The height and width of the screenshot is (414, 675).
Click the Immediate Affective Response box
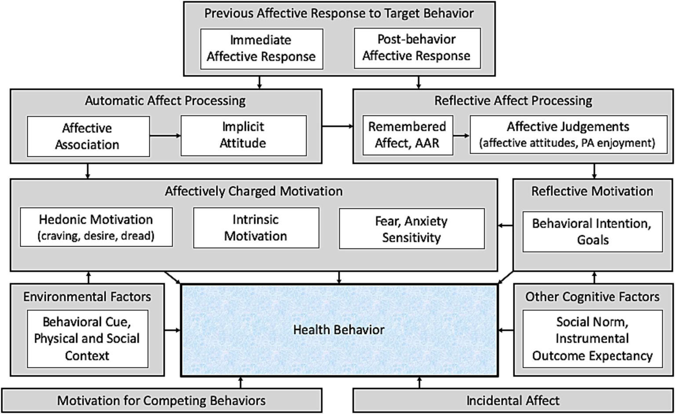[261, 49]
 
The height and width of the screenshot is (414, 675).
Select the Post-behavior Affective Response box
[416, 48]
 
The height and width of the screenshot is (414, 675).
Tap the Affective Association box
[88, 136]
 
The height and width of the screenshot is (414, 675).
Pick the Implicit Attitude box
[243, 135]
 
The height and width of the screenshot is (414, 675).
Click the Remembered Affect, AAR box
[407, 135]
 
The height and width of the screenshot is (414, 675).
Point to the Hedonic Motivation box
[96, 227]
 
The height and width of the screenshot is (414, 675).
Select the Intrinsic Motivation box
[256, 228]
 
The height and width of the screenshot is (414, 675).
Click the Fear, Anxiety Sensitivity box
[411, 229]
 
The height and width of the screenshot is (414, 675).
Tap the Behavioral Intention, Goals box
[592, 232]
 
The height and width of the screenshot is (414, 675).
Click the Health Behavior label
[339, 330]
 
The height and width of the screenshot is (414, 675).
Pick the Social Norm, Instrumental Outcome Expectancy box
[592, 338]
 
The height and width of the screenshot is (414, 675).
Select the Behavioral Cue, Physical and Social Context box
[87, 338]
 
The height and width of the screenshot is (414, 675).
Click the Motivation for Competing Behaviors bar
[161, 400]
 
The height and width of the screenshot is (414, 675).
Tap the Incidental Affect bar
[513, 400]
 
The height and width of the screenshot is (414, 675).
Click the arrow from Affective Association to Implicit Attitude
[165, 136]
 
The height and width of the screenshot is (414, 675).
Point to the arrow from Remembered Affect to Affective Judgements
[461, 136]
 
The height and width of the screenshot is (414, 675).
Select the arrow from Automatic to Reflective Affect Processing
[337, 127]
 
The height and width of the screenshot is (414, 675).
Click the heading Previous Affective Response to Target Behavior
[339, 14]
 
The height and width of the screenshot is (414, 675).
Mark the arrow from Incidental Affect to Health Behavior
[419, 382]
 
